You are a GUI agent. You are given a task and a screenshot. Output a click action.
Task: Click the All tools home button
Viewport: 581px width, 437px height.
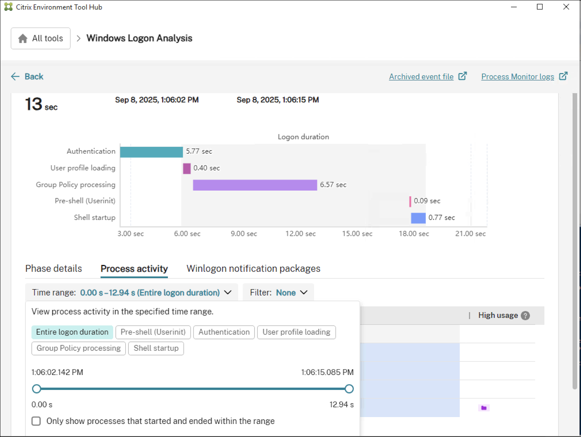pos(41,38)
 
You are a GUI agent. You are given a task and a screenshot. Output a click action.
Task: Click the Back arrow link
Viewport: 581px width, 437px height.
pos(27,77)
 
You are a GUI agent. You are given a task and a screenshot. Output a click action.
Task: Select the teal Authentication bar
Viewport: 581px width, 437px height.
pos(151,152)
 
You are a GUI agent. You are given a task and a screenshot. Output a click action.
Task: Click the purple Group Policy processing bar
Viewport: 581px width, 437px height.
pos(255,185)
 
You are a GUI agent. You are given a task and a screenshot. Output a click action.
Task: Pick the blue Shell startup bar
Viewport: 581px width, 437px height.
pos(418,218)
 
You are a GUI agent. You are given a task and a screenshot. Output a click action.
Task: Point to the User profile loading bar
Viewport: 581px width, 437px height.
pos(187,168)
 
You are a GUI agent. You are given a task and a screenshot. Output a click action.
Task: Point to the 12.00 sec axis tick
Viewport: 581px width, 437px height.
pos(300,234)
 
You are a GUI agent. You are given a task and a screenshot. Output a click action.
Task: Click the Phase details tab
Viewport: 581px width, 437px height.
pos(54,269)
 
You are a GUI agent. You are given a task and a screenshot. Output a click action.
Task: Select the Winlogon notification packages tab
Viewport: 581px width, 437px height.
pos(253,269)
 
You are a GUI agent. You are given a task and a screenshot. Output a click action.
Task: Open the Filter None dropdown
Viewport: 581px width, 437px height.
pos(278,293)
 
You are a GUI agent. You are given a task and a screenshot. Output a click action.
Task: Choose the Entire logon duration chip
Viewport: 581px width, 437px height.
pos(72,332)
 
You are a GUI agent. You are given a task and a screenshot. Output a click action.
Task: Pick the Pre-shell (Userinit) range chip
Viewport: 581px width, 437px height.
pos(153,332)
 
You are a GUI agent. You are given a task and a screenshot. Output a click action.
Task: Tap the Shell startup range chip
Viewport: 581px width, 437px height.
pos(156,348)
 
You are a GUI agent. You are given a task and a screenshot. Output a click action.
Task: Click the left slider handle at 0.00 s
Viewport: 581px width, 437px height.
pos(37,389)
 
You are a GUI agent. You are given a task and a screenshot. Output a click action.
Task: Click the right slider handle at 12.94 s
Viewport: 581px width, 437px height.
pos(349,389)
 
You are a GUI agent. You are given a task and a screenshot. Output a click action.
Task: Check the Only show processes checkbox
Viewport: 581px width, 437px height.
pos(36,421)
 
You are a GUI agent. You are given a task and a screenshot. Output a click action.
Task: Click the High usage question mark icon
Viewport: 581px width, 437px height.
pos(525,316)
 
